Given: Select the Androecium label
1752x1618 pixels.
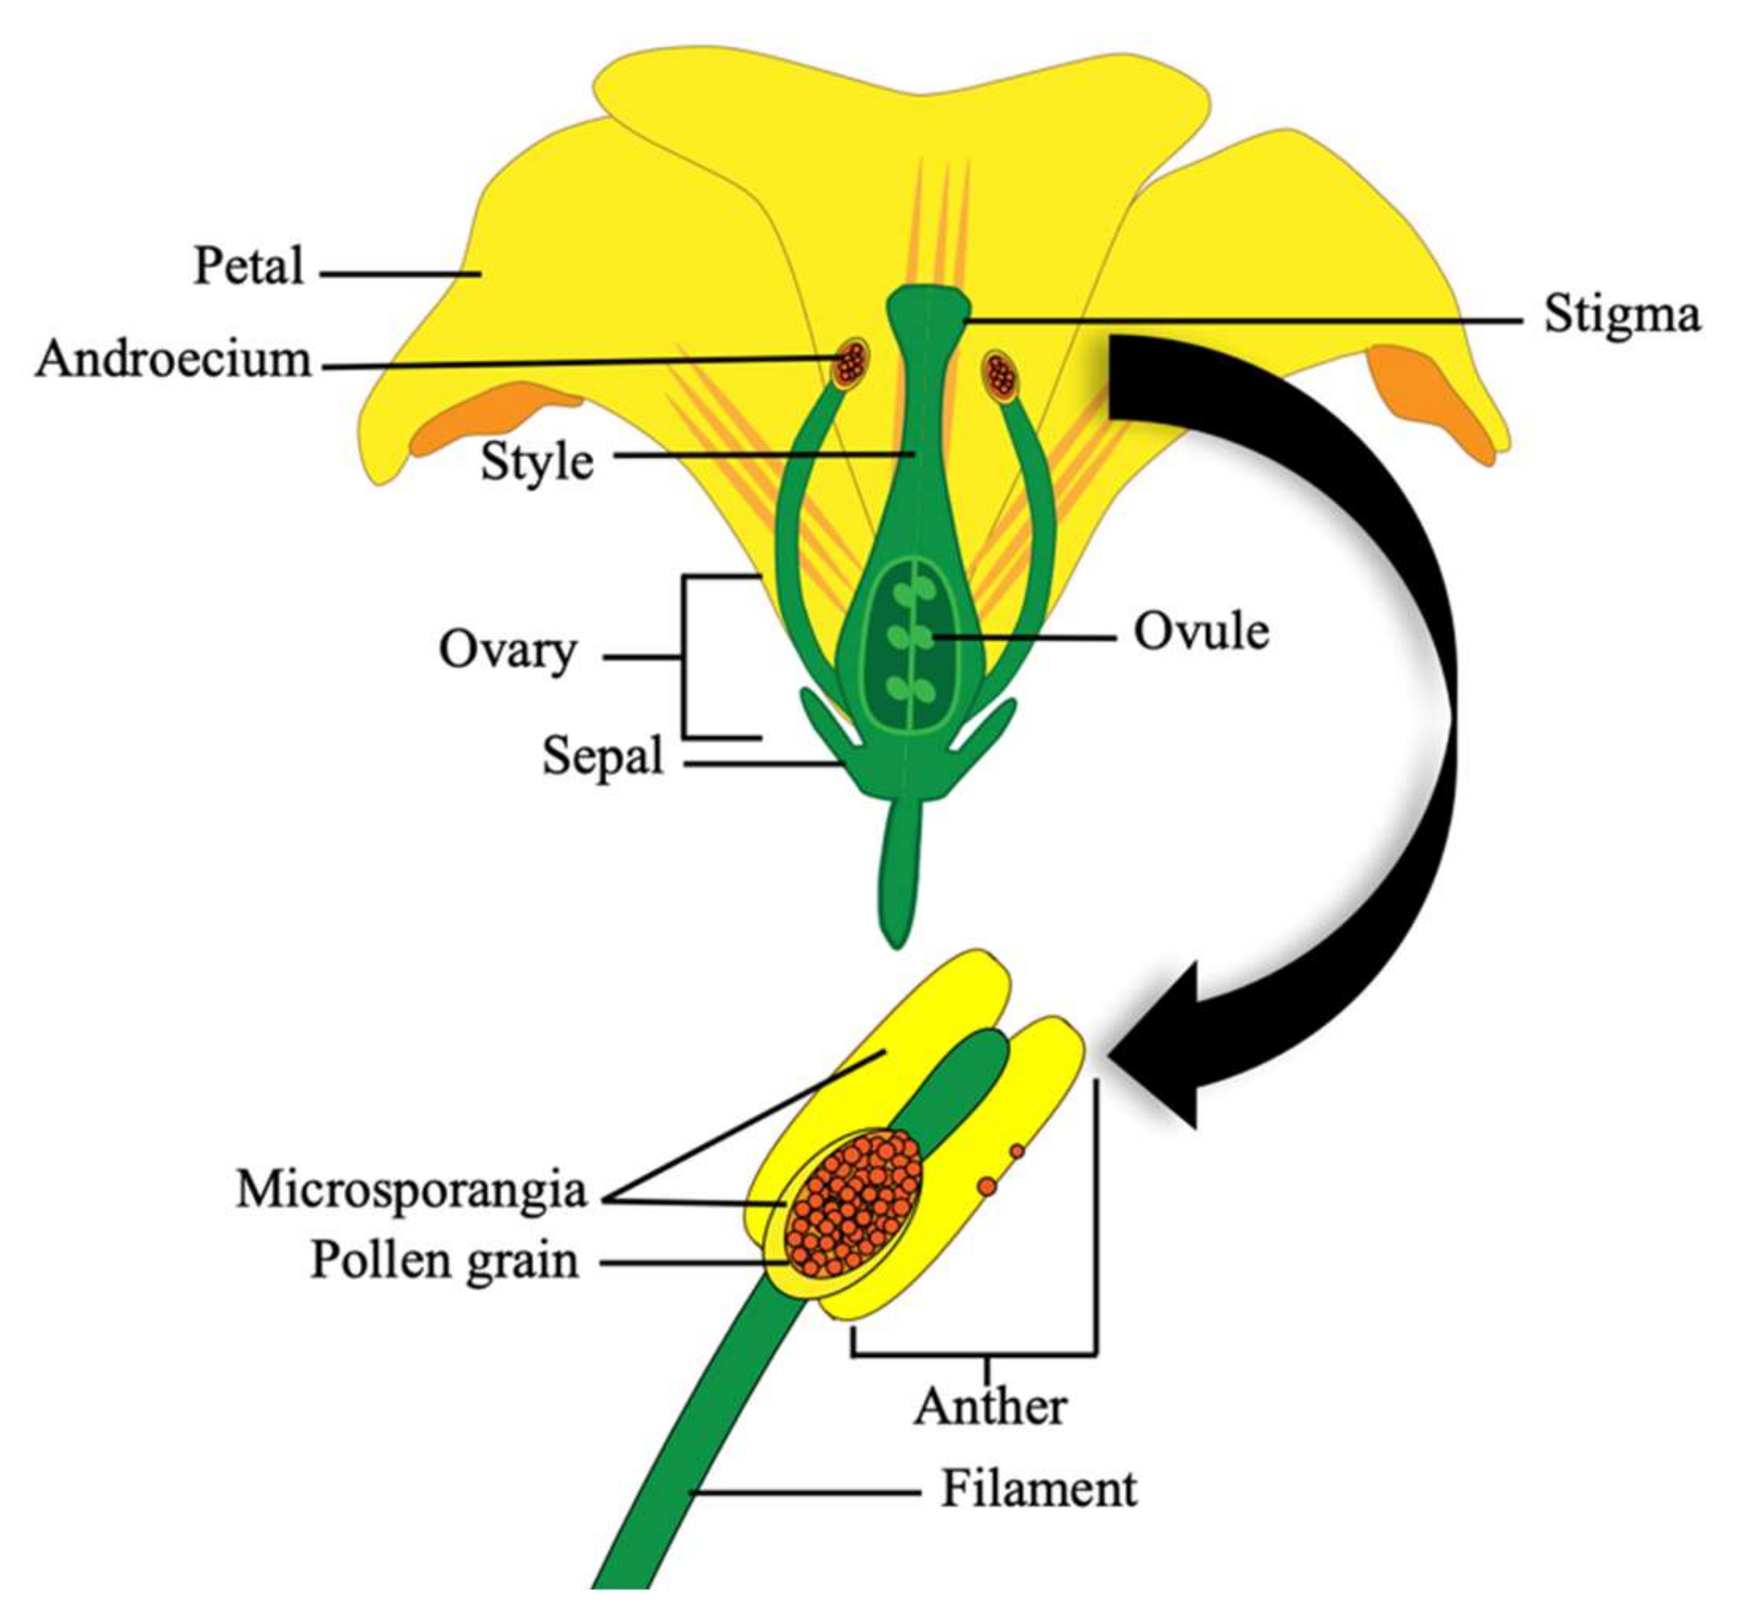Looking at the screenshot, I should coord(173,359).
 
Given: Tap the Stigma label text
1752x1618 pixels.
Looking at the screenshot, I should coord(1622,314).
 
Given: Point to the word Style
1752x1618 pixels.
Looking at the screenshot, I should coord(536,461).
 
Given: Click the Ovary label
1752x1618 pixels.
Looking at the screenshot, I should coord(507,650).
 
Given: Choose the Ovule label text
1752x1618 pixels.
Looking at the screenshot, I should coord(1200,631).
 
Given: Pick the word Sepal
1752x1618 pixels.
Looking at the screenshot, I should coord(602,755).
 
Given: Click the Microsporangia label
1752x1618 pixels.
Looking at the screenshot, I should coord(411,1190).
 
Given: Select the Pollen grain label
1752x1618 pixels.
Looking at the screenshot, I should coord(445,1261).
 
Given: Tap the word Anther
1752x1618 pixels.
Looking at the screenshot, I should coord(990,1407).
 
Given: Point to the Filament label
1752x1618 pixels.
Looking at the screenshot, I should coord(1038,1489).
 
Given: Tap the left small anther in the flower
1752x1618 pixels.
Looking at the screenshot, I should coord(850,363).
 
